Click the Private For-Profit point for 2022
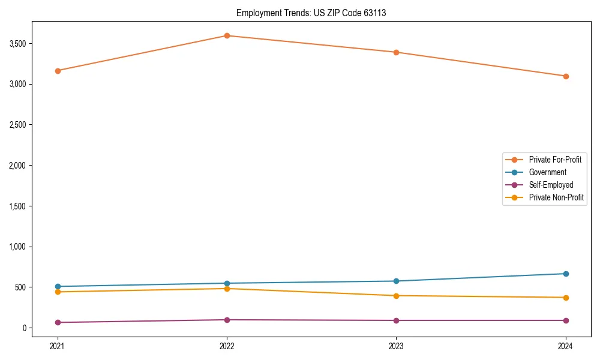click(227, 35)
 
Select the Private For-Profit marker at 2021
click(58, 71)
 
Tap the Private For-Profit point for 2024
click(566, 76)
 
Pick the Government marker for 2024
click(566, 274)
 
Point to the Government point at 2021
click(58, 287)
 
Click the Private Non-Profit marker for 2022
click(227, 289)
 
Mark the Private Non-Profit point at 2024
click(566, 298)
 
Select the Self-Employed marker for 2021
click(58, 323)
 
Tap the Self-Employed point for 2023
click(397, 320)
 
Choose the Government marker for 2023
click(397, 281)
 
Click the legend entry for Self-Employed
click(551, 185)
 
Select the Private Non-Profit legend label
click(556, 197)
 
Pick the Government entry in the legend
click(547, 172)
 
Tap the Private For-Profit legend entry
click(555, 160)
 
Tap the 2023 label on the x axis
click(397, 346)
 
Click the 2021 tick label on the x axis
click(58, 346)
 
